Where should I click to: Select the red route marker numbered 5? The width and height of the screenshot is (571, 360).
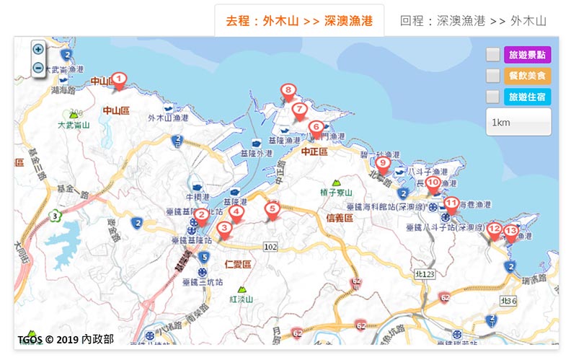pyautogui.click(x=272, y=210)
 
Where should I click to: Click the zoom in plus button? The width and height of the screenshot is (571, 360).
pyautogui.click(x=38, y=50)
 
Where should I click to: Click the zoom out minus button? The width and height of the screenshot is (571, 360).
pyautogui.click(x=38, y=68)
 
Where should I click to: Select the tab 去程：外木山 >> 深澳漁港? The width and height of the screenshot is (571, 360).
pyautogui.click(x=299, y=21)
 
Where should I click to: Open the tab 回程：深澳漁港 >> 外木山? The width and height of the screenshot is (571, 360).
pyautogui.click(x=473, y=21)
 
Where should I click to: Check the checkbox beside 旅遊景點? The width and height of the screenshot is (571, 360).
pyautogui.click(x=492, y=55)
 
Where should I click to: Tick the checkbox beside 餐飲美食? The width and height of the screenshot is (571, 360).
pyautogui.click(x=492, y=76)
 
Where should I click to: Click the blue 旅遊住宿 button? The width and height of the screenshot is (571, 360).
pyautogui.click(x=528, y=97)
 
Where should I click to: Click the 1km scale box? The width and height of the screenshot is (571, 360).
pyautogui.click(x=518, y=122)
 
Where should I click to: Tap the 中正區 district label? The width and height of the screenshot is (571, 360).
pyautogui.click(x=314, y=152)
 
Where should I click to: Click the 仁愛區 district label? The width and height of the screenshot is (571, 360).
pyautogui.click(x=237, y=264)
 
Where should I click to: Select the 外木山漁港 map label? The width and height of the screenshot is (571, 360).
pyautogui.click(x=168, y=118)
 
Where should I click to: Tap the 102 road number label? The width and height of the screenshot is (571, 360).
pyautogui.click(x=270, y=247)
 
